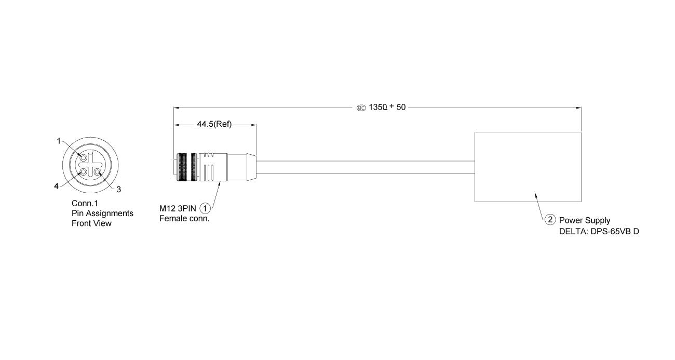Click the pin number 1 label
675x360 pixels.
click(x=59, y=141)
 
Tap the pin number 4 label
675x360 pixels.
click(x=56, y=186)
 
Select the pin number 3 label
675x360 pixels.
click(x=119, y=189)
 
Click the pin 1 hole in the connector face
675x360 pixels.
click(x=84, y=158)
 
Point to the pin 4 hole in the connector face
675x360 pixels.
click(x=84, y=172)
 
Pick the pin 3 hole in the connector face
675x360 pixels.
click(x=98, y=172)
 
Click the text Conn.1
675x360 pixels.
click(x=85, y=203)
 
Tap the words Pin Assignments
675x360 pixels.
click(x=102, y=214)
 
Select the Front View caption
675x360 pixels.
click(x=91, y=223)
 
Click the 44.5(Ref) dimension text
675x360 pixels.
click(x=214, y=124)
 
